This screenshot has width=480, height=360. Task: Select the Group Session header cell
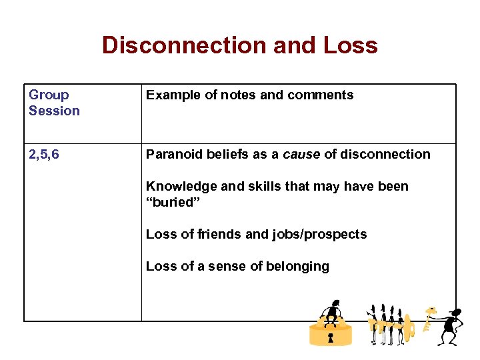(x=54, y=103)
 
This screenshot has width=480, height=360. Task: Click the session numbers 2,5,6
(x=44, y=154)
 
